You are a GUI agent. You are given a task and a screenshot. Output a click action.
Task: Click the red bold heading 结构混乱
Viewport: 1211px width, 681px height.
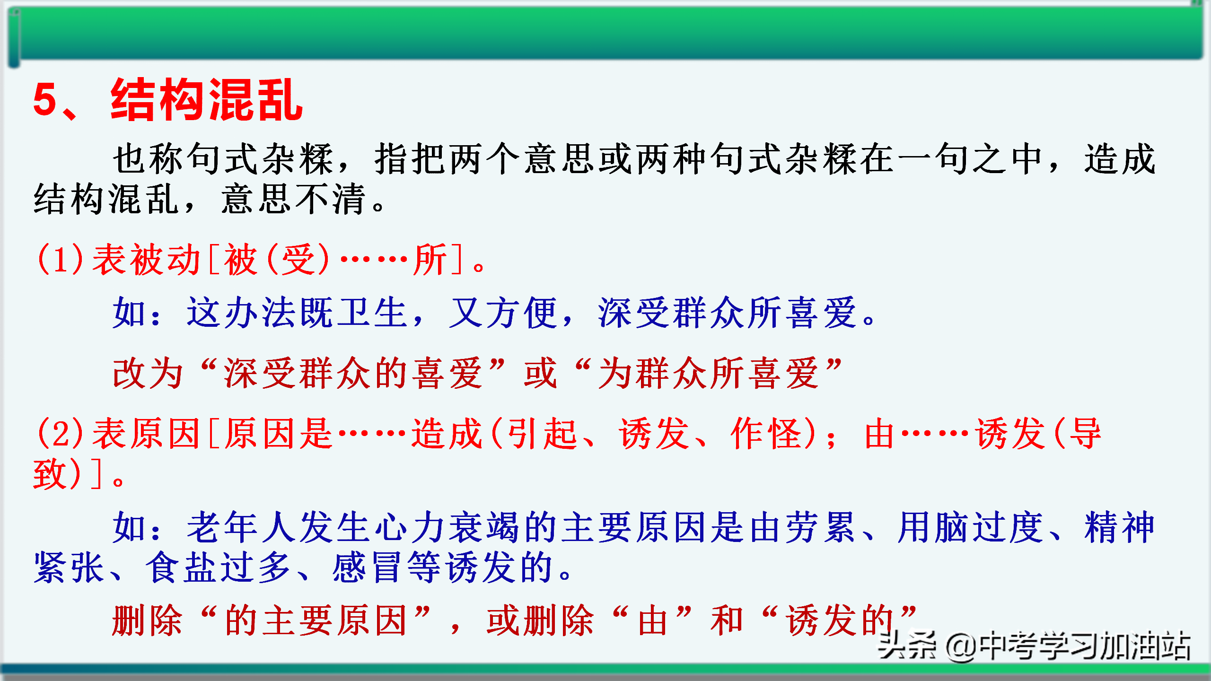tap(207, 99)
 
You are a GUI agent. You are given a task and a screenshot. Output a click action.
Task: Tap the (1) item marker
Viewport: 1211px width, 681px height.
tap(60, 259)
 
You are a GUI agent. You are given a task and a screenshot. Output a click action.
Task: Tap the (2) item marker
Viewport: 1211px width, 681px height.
tap(60, 433)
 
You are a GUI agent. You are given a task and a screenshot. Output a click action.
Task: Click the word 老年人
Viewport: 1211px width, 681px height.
tap(243, 527)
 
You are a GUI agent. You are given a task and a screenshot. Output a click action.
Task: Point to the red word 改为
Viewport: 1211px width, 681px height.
tap(148, 373)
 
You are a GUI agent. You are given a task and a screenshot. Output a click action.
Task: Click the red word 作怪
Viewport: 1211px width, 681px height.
tap(766, 433)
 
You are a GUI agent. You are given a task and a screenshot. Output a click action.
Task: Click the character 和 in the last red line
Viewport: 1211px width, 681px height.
tap(727, 620)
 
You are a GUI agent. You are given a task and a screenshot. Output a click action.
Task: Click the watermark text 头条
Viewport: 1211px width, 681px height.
tap(906, 645)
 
